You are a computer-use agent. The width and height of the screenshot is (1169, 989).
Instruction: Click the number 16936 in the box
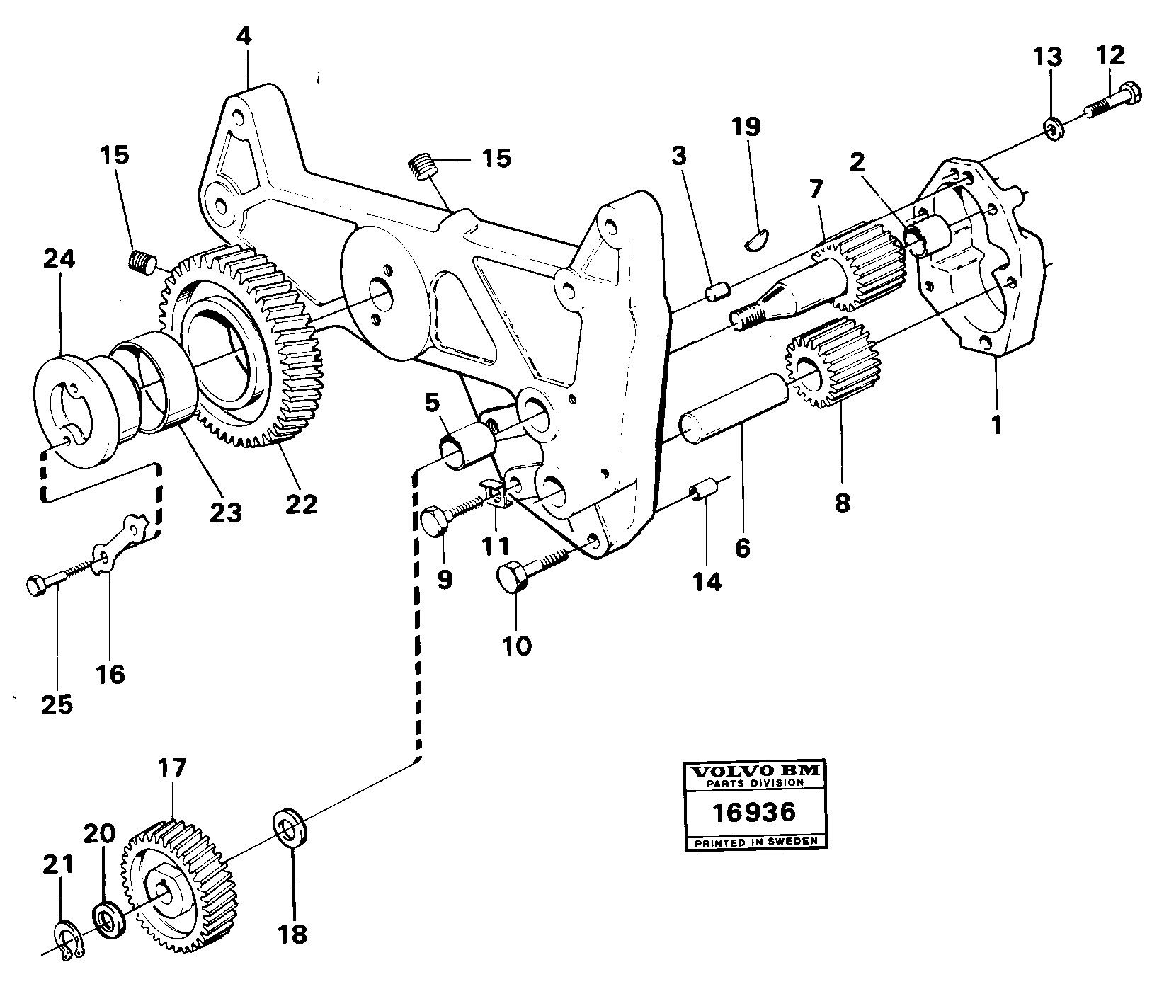(754, 811)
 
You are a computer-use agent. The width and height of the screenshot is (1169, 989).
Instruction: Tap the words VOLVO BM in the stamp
(754, 771)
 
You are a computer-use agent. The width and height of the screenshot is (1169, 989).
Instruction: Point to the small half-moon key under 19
(758, 239)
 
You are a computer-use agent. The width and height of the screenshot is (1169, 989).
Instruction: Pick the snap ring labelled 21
(69, 944)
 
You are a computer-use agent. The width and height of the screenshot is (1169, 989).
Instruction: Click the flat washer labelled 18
(291, 825)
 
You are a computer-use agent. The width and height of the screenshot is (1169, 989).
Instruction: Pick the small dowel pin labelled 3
(719, 292)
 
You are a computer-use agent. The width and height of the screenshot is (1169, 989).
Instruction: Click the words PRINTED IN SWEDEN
(754, 842)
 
